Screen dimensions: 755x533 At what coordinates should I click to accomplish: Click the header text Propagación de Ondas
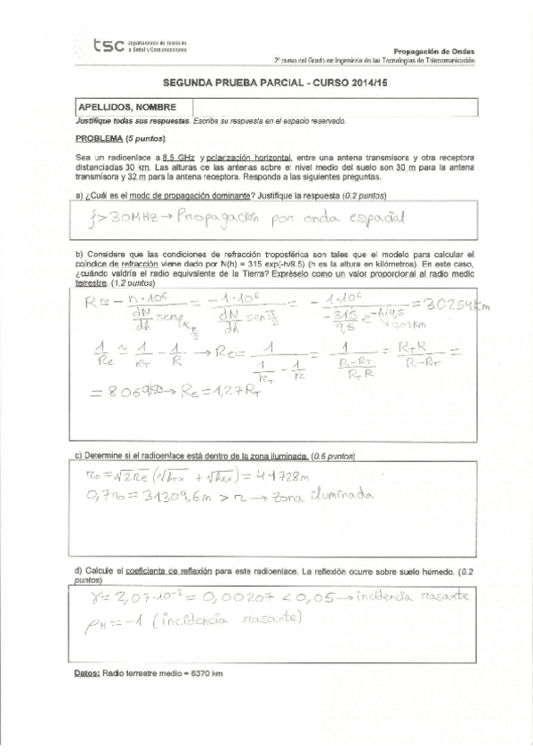[x=433, y=51]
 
